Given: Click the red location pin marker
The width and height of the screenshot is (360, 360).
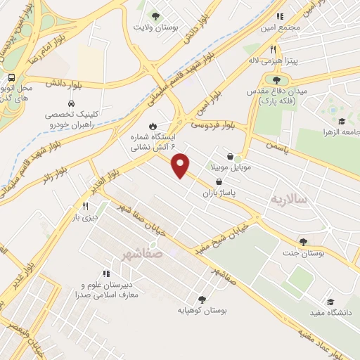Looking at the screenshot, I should (181, 165).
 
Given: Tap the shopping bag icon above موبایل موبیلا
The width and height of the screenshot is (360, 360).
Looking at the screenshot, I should (231, 157).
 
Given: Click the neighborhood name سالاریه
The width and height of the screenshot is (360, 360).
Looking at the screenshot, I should (289, 200).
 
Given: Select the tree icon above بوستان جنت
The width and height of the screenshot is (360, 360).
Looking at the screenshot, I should (303, 242).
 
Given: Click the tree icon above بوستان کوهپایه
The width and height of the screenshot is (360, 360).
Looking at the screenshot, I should (202, 299).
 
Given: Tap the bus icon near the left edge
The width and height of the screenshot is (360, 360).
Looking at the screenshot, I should (11, 78).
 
